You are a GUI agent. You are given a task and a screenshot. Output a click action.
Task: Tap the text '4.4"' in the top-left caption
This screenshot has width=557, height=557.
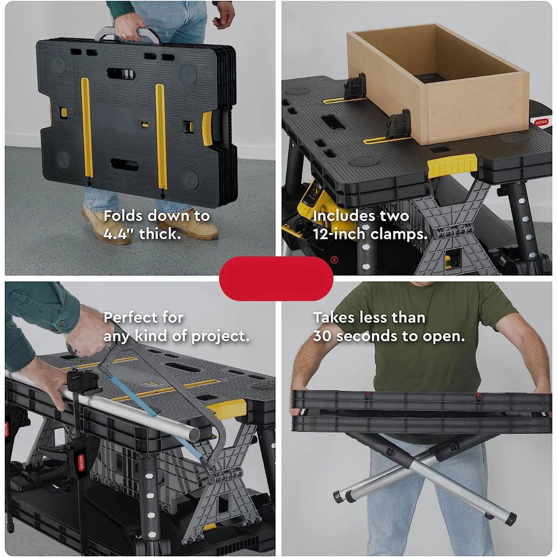pyautogui.click(x=117, y=234)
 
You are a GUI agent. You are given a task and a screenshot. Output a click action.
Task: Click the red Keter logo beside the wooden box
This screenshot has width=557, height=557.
pyautogui.click(x=540, y=122)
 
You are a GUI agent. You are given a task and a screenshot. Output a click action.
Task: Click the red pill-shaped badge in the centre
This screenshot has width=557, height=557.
pyautogui.click(x=276, y=278)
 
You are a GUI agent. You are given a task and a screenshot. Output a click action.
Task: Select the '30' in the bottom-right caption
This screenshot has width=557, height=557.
pyautogui.click(x=322, y=336)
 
